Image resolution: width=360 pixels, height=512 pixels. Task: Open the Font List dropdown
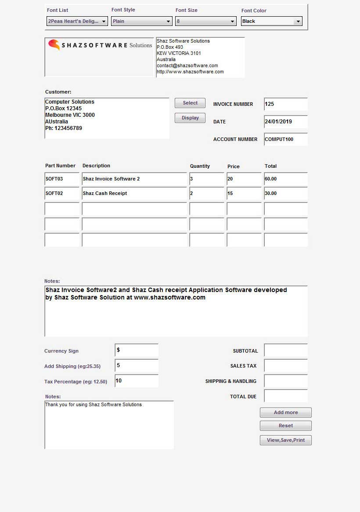coord(77,21)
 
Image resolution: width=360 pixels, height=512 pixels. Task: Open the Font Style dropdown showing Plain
coord(141,21)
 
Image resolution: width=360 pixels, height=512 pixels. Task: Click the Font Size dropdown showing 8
coord(205,21)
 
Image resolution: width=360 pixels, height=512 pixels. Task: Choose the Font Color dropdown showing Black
coord(271,21)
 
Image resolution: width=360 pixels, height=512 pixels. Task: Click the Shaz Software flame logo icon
coord(54,44)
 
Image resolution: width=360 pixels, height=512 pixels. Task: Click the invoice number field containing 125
coord(285,104)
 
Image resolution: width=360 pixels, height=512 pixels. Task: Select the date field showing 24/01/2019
coord(285,122)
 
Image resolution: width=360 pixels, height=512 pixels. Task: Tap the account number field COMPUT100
coord(285,139)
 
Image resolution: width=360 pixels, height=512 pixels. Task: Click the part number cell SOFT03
coord(62,179)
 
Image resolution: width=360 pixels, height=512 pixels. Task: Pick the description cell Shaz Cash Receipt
coord(134,194)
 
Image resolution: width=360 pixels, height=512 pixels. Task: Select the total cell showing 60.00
coord(285,179)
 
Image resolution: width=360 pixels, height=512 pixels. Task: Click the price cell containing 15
coord(244,194)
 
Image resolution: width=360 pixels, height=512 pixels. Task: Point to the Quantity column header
coord(200,166)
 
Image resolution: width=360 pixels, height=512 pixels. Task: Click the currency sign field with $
coord(136,350)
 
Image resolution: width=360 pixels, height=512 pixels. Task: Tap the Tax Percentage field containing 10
coord(136,381)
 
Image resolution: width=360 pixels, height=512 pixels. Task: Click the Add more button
coord(285,412)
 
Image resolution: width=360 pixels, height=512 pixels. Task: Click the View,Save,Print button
coord(285,440)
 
